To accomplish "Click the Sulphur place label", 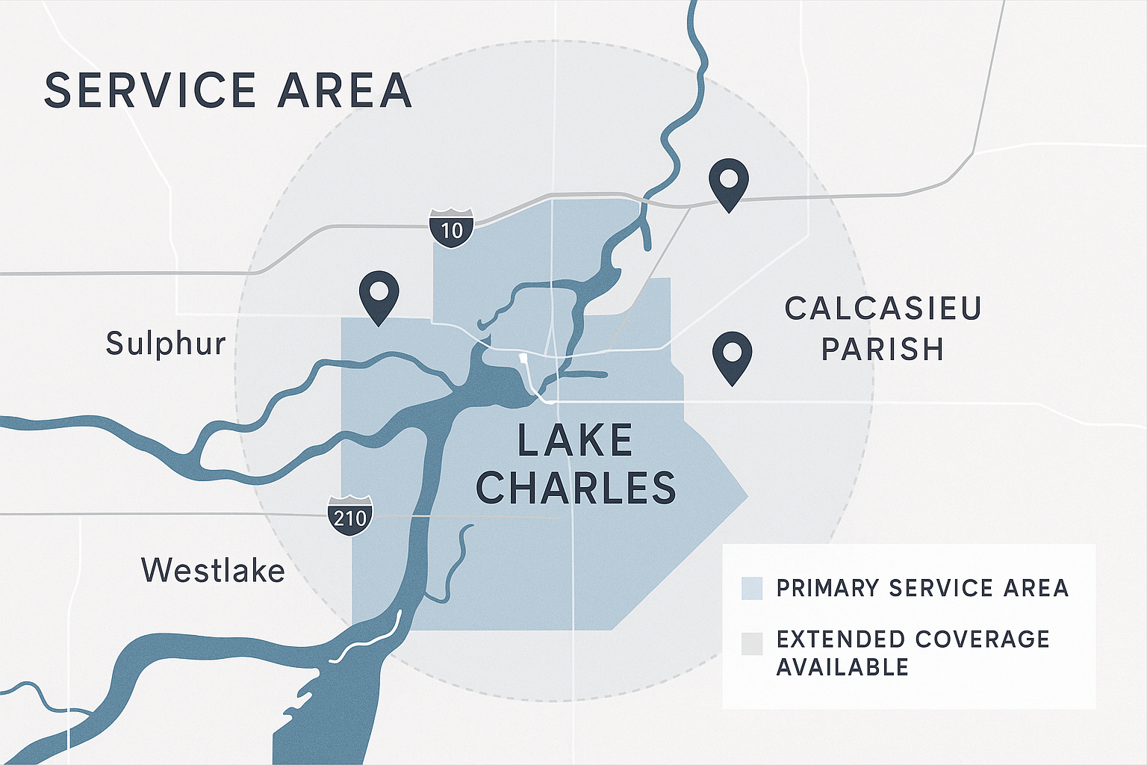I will pyautogui.click(x=166, y=344).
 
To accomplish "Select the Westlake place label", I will pyautogui.click(x=213, y=571).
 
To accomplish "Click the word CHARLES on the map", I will pyautogui.click(x=576, y=488).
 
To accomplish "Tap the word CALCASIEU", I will pyautogui.click(x=883, y=309).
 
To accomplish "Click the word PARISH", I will pyautogui.click(x=883, y=349).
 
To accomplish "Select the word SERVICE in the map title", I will pyautogui.click(x=150, y=90).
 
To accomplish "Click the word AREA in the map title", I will pyautogui.click(x=345, y=90).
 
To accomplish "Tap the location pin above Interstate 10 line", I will pyautogui.click(x=729, y=182).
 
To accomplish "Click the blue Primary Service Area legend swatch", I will pyautogui.click(x=752, y=589).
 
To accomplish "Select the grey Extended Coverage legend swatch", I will pyautogui.click(x=752, y=643).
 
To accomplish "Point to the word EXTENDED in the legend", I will pyautogui.click(x=840, y=639).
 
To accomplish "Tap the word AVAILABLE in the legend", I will pyautogui.click(x=842, y=666).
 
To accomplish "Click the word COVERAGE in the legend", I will pyautogui.click(x=982, y=639).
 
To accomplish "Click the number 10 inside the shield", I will pyautogui.click(x=452, y=229).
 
